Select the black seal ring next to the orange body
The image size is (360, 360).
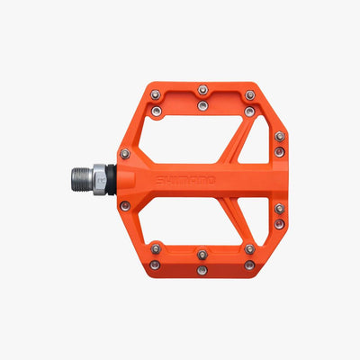[x=121, y=180]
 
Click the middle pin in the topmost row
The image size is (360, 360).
[x=202, y=89]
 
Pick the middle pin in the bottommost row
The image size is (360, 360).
[x=202, y=270]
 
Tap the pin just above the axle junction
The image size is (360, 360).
[x=125, y=154]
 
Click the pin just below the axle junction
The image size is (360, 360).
[x=125, y=206]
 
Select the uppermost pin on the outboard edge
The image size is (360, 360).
[x=280, y=137]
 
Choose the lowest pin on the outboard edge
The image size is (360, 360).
[x=280, y=223]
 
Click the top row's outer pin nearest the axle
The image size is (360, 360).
[x=156, y=94]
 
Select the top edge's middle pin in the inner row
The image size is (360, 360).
[x=202, y=106]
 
